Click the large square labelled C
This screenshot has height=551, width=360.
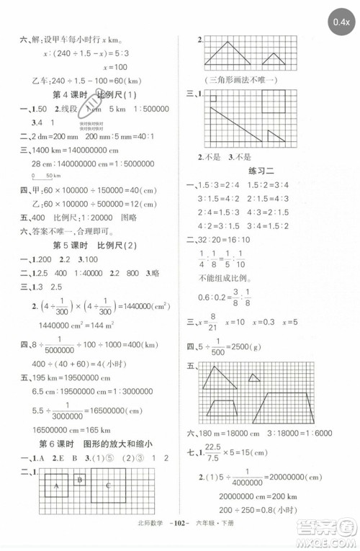108,488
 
